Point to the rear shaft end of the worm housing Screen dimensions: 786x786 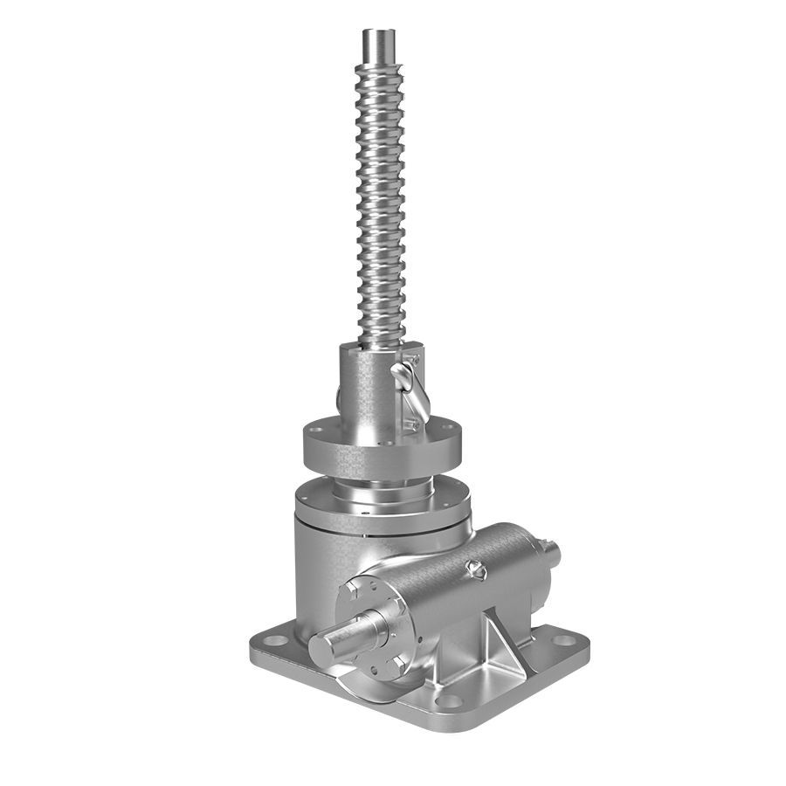coord(550,552)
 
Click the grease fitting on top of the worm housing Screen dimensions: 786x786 coord(476,569)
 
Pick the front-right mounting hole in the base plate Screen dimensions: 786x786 coord(449,700)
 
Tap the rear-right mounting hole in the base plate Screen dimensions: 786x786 coord(563,640)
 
